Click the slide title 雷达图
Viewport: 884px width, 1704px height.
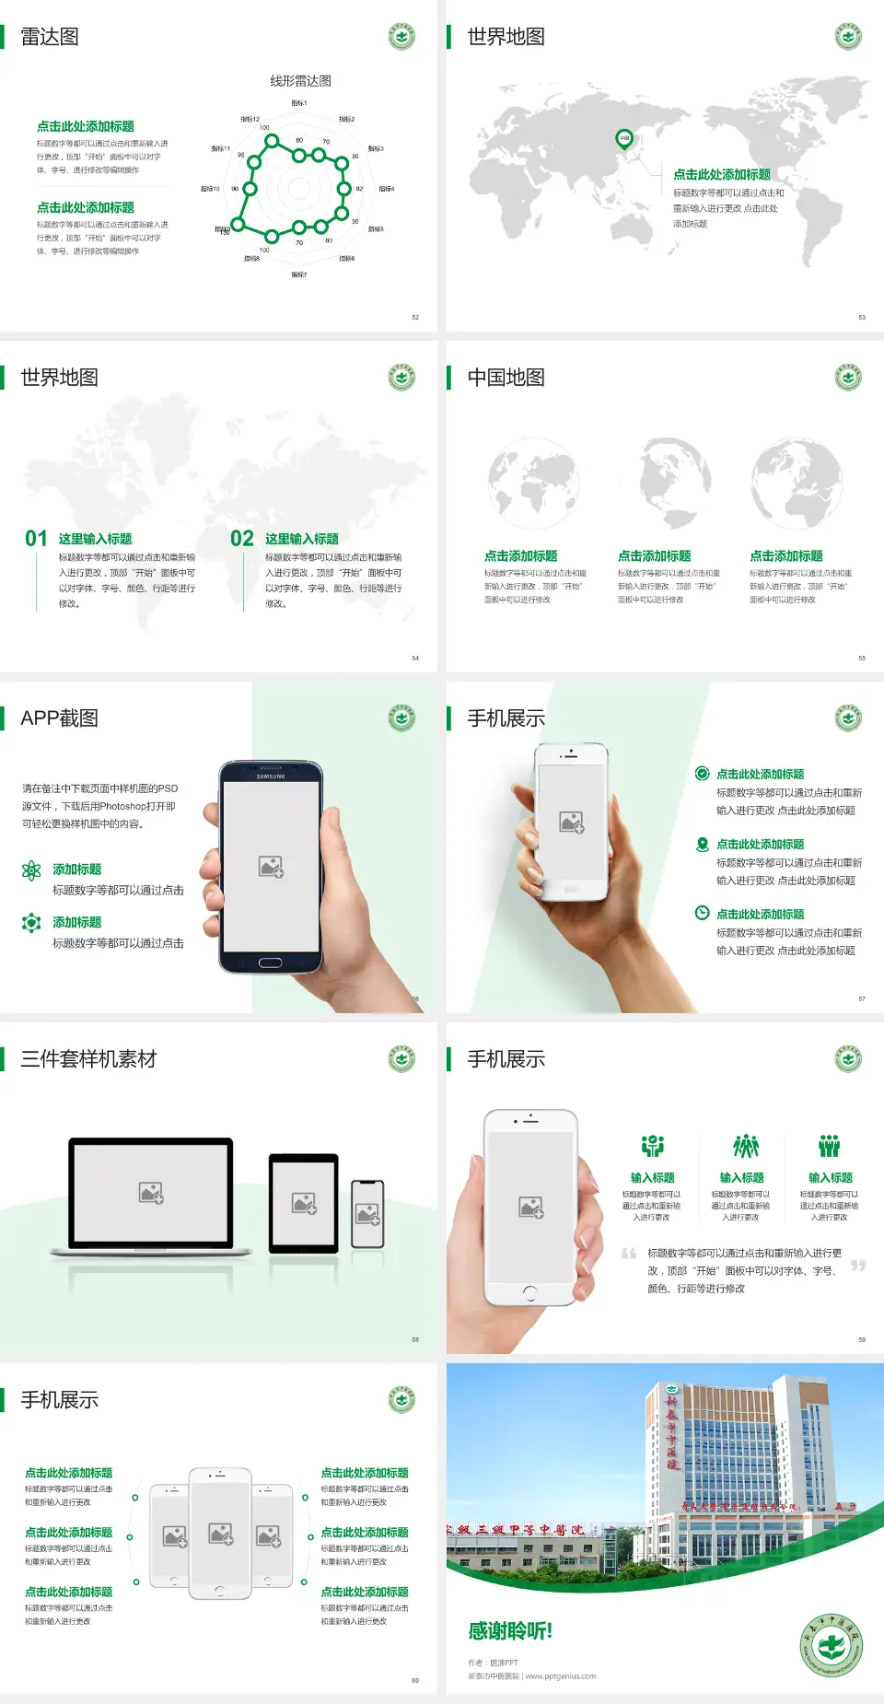pyautogui.click(x=50, y=37)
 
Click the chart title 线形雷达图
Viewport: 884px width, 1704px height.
pyautogui.click(x=300, y=81)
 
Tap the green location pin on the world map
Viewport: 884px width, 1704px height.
pyautogui.click(x=623, y=139)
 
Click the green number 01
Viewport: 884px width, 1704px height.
pyautogui.click(x=36, y=538)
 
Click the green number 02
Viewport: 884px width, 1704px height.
pyautogui.click(x=242, y=538)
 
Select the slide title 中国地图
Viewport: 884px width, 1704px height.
pyautogui.click(x=506, y=378)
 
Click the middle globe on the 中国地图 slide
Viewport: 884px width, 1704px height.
pyautogui.click(x=665, y=483)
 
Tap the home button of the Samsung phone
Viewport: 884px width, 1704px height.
pyautogui.click(x=270, y=963)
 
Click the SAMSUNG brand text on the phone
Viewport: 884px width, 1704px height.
pyautogui.click(x=271, y=776)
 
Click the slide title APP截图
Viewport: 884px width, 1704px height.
pyautogui.click(x=59, y=718)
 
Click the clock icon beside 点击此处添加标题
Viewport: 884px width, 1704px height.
pyautogui.click(x=702, y=913)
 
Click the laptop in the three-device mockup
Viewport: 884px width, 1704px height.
pyautogui.click(x=151, y=1196)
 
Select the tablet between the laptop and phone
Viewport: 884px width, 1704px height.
pyautogui.click(x=304, y=1202)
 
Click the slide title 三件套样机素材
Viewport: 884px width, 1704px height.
pyautogui.click(x=88, y=1059)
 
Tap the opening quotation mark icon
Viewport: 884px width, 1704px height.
pyautogui.click(x=629, y=1254)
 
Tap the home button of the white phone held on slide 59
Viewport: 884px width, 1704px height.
pyautogui.click(x=529, y=1292)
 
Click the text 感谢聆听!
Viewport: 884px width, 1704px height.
pyautogui.click(x=510, y=1631)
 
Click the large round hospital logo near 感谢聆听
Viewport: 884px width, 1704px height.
pyautogui.click(x=831, y=1645)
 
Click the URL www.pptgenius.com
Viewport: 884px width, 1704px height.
pyautogui.click(x=561, y=1676)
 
